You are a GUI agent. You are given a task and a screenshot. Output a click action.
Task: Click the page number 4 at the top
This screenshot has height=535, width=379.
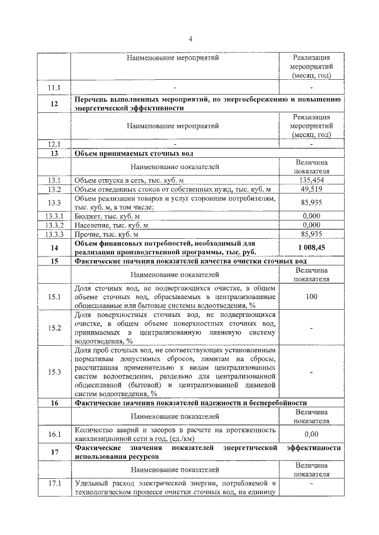pyautogui.click(x=191, y=39)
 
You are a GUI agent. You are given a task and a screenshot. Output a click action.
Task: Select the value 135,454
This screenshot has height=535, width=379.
pyautogui.click(x=311, y=180)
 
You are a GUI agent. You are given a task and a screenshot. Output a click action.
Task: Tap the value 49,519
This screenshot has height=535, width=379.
pyautogui.click(x=311, y=189)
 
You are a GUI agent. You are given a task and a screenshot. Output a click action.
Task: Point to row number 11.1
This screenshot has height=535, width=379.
pyautogui.click(x=54, y=87)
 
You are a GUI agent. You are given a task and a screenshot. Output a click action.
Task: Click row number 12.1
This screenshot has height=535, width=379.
pyautogui.click(x=54, y=144)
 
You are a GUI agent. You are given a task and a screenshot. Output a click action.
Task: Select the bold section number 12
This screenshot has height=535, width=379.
pyautogui.click(x=54, y=103)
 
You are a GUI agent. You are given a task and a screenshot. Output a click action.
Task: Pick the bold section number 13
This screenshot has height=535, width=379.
pyautogui.click(x=54, y=153)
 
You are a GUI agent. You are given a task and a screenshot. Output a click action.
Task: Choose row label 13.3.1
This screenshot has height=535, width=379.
pyautogui.click(x=54, y=216)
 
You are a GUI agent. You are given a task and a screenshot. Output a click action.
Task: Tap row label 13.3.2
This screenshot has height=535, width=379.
pyautogui.click(x=54, y=225)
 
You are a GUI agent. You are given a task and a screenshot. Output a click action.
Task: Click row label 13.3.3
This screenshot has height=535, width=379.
pyautogui.click(x=54, y=234)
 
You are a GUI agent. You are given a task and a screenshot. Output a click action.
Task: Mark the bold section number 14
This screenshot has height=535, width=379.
pyautogui.click(x=54, y=248)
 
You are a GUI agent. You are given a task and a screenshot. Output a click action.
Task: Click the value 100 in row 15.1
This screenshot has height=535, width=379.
pyautogui.click(x=311, y=297)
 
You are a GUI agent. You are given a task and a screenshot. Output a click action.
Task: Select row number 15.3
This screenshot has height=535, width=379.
pyautogui.click(x=54, y=372)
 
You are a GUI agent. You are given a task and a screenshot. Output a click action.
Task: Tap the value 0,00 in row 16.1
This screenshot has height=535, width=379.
pyautogui.click(x=311, y=434)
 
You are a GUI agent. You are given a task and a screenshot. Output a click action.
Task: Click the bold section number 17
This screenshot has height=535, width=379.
pyautogui.click(x=54, y=452)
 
